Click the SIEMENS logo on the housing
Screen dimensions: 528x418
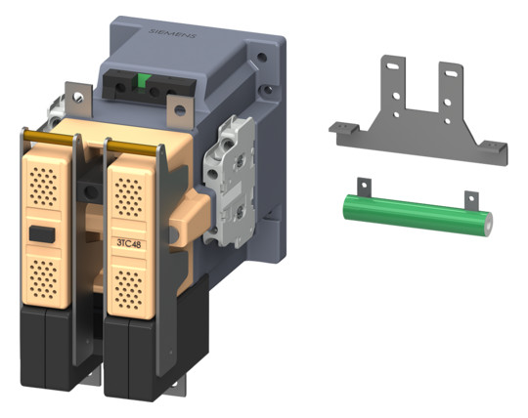172,33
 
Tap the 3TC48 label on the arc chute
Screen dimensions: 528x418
129,243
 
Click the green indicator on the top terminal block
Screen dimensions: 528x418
144,83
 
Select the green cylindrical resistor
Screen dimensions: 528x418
418,214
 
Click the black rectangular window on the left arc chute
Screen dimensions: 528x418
42,234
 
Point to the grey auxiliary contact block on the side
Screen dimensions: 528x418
229,182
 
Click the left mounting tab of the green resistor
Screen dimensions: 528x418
364,188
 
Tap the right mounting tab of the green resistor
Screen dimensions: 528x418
471,201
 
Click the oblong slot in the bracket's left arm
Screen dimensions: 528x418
392,66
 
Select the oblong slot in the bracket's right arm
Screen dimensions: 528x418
451,73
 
